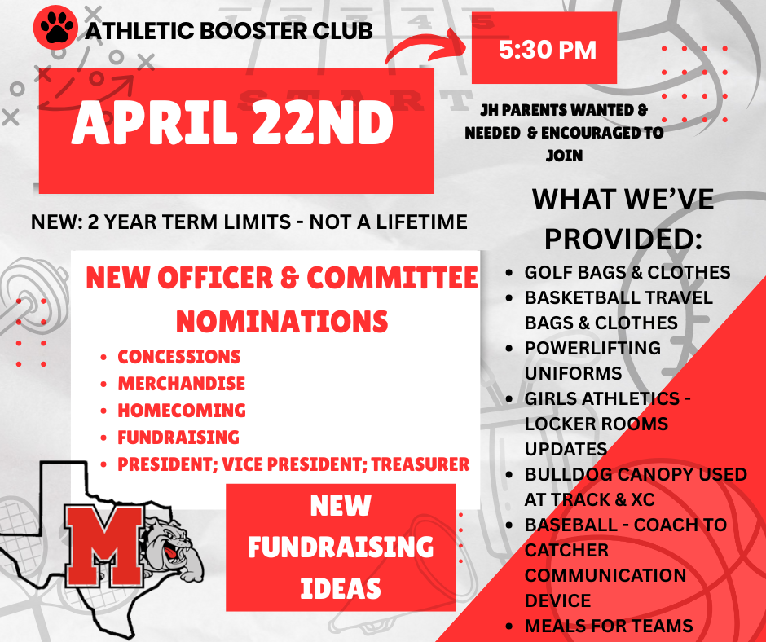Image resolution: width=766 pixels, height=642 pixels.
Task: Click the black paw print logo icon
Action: click(x=55, y=30)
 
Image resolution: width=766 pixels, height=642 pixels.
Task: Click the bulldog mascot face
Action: click(x=172, y=538)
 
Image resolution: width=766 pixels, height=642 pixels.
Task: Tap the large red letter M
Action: click(x=100, y=543)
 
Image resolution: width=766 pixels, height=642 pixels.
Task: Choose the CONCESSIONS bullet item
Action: click(x=179, y=357)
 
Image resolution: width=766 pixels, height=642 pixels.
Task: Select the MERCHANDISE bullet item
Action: click(x=181, y=384)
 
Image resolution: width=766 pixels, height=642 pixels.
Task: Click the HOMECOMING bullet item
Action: click(x=182, y=411)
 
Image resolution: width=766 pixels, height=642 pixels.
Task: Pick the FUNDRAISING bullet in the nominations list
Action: click(x=178, y=438)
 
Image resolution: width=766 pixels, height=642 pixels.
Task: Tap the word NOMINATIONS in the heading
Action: click(x=282, y=321)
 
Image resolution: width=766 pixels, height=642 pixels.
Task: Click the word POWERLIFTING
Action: click(x=592, y=348)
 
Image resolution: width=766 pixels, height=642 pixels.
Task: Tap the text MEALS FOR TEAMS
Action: click(x=608, y=626)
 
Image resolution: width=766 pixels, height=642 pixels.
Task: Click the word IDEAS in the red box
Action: click(x=340, y=587)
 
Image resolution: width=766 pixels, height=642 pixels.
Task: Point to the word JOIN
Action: click(x=564, y=155)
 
